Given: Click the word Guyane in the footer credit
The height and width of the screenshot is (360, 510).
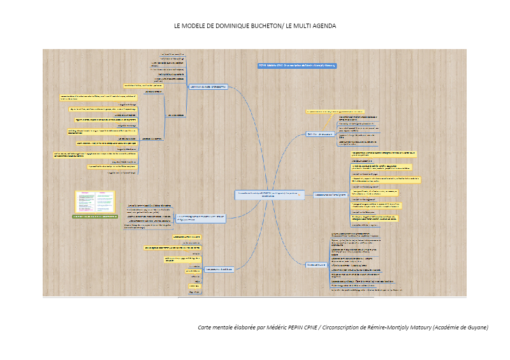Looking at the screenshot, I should (476, 328).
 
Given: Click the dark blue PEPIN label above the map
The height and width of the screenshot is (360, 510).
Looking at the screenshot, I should (296, 66).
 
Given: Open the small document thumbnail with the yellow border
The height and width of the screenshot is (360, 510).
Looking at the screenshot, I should (95, 202).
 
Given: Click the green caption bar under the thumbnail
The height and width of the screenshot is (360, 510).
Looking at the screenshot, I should (95, 217).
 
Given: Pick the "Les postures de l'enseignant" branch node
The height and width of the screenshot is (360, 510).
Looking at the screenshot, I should (330, 195).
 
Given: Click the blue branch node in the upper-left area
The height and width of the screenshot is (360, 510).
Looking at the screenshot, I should (208, 87).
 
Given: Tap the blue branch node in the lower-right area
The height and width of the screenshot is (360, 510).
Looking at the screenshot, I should (317, 264).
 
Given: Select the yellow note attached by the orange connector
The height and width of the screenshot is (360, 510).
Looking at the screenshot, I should (334, 111).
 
